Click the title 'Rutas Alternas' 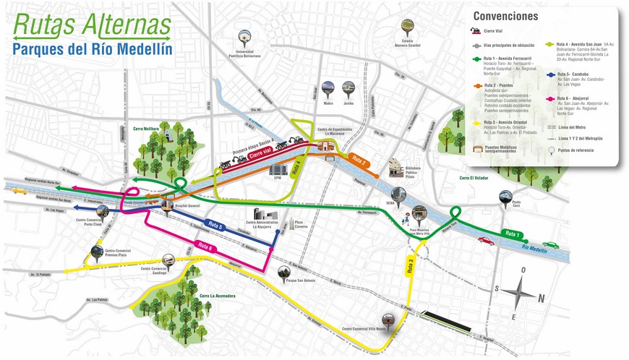(x=91, y=23)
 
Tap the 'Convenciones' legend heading (x=505, y=16)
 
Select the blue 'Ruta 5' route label (x=215, y=226)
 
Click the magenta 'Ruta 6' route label (x=207, y=247)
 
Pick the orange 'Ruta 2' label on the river (x=359, y=160)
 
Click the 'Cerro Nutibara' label (x=147, y=129)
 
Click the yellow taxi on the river (x=19, y=192)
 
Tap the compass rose (x=518, y=293)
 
